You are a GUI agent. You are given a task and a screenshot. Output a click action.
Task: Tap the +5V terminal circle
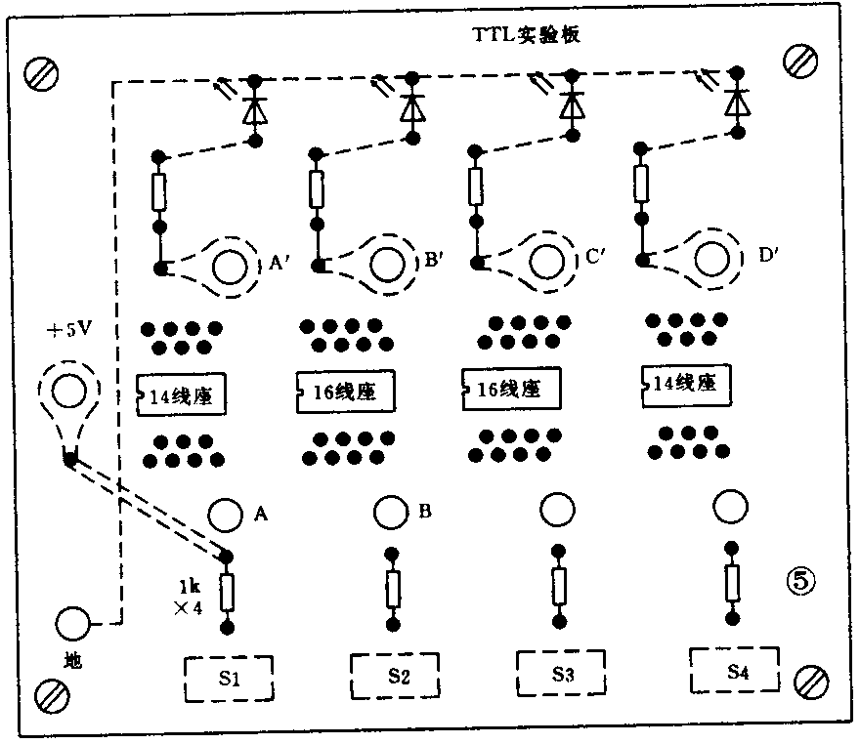point(67,393)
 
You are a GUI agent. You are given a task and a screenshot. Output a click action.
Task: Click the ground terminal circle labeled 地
point(71,622)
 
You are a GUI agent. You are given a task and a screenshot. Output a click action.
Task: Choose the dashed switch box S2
point(395,675)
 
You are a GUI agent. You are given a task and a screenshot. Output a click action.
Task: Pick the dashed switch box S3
point(561,673)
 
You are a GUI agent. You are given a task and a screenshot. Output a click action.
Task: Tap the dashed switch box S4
point(737,670)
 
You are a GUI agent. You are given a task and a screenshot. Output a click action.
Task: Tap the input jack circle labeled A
point(226,514)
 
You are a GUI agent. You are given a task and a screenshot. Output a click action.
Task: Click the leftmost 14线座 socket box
point(181,396)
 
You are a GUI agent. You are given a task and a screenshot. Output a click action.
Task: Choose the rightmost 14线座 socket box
point(686,384)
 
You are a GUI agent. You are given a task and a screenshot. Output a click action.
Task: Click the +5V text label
point(68,329)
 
